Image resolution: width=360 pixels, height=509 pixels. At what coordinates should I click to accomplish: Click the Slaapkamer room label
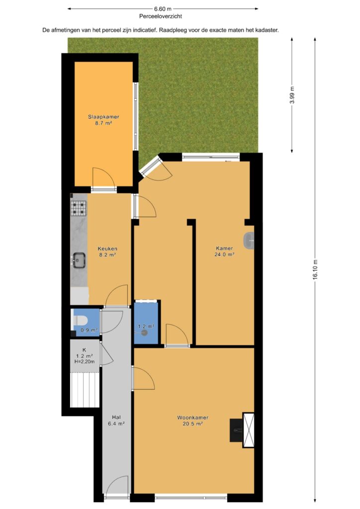click(103, 117)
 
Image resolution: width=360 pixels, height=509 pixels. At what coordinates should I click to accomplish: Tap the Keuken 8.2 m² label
click(107, 252)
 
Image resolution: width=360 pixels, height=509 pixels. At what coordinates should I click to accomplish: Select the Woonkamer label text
click(192, 418)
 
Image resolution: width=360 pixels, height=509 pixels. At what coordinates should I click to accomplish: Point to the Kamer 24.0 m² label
click(224, 252)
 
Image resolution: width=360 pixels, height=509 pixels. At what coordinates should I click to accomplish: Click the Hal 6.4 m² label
click(116, 421)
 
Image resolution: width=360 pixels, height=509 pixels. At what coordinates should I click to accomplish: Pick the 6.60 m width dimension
click(163, 9)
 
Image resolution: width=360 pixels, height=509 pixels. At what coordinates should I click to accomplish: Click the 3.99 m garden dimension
click(292, 94)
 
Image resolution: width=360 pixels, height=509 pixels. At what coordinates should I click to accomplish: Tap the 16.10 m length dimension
click(315, 270)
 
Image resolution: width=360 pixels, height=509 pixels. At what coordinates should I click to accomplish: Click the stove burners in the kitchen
click(79, 208)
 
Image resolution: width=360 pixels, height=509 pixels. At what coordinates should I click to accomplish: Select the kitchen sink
click(79, 260)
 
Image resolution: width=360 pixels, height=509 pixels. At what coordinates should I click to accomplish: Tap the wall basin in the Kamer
click(249, 241)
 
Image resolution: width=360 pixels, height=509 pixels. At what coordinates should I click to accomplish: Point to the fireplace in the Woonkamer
click(242, 430)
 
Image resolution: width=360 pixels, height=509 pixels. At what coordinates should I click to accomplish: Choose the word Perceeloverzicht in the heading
click(161, 16)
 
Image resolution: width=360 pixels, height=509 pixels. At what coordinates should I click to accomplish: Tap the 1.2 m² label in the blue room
click(146, 326)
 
